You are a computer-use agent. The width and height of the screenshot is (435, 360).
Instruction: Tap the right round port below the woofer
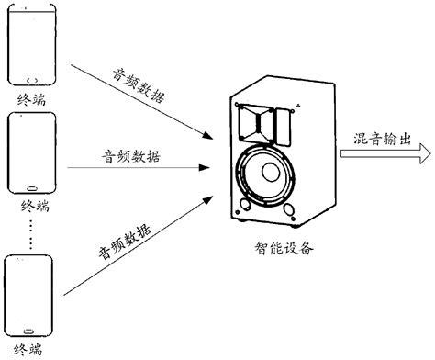[x=289, y=209]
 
